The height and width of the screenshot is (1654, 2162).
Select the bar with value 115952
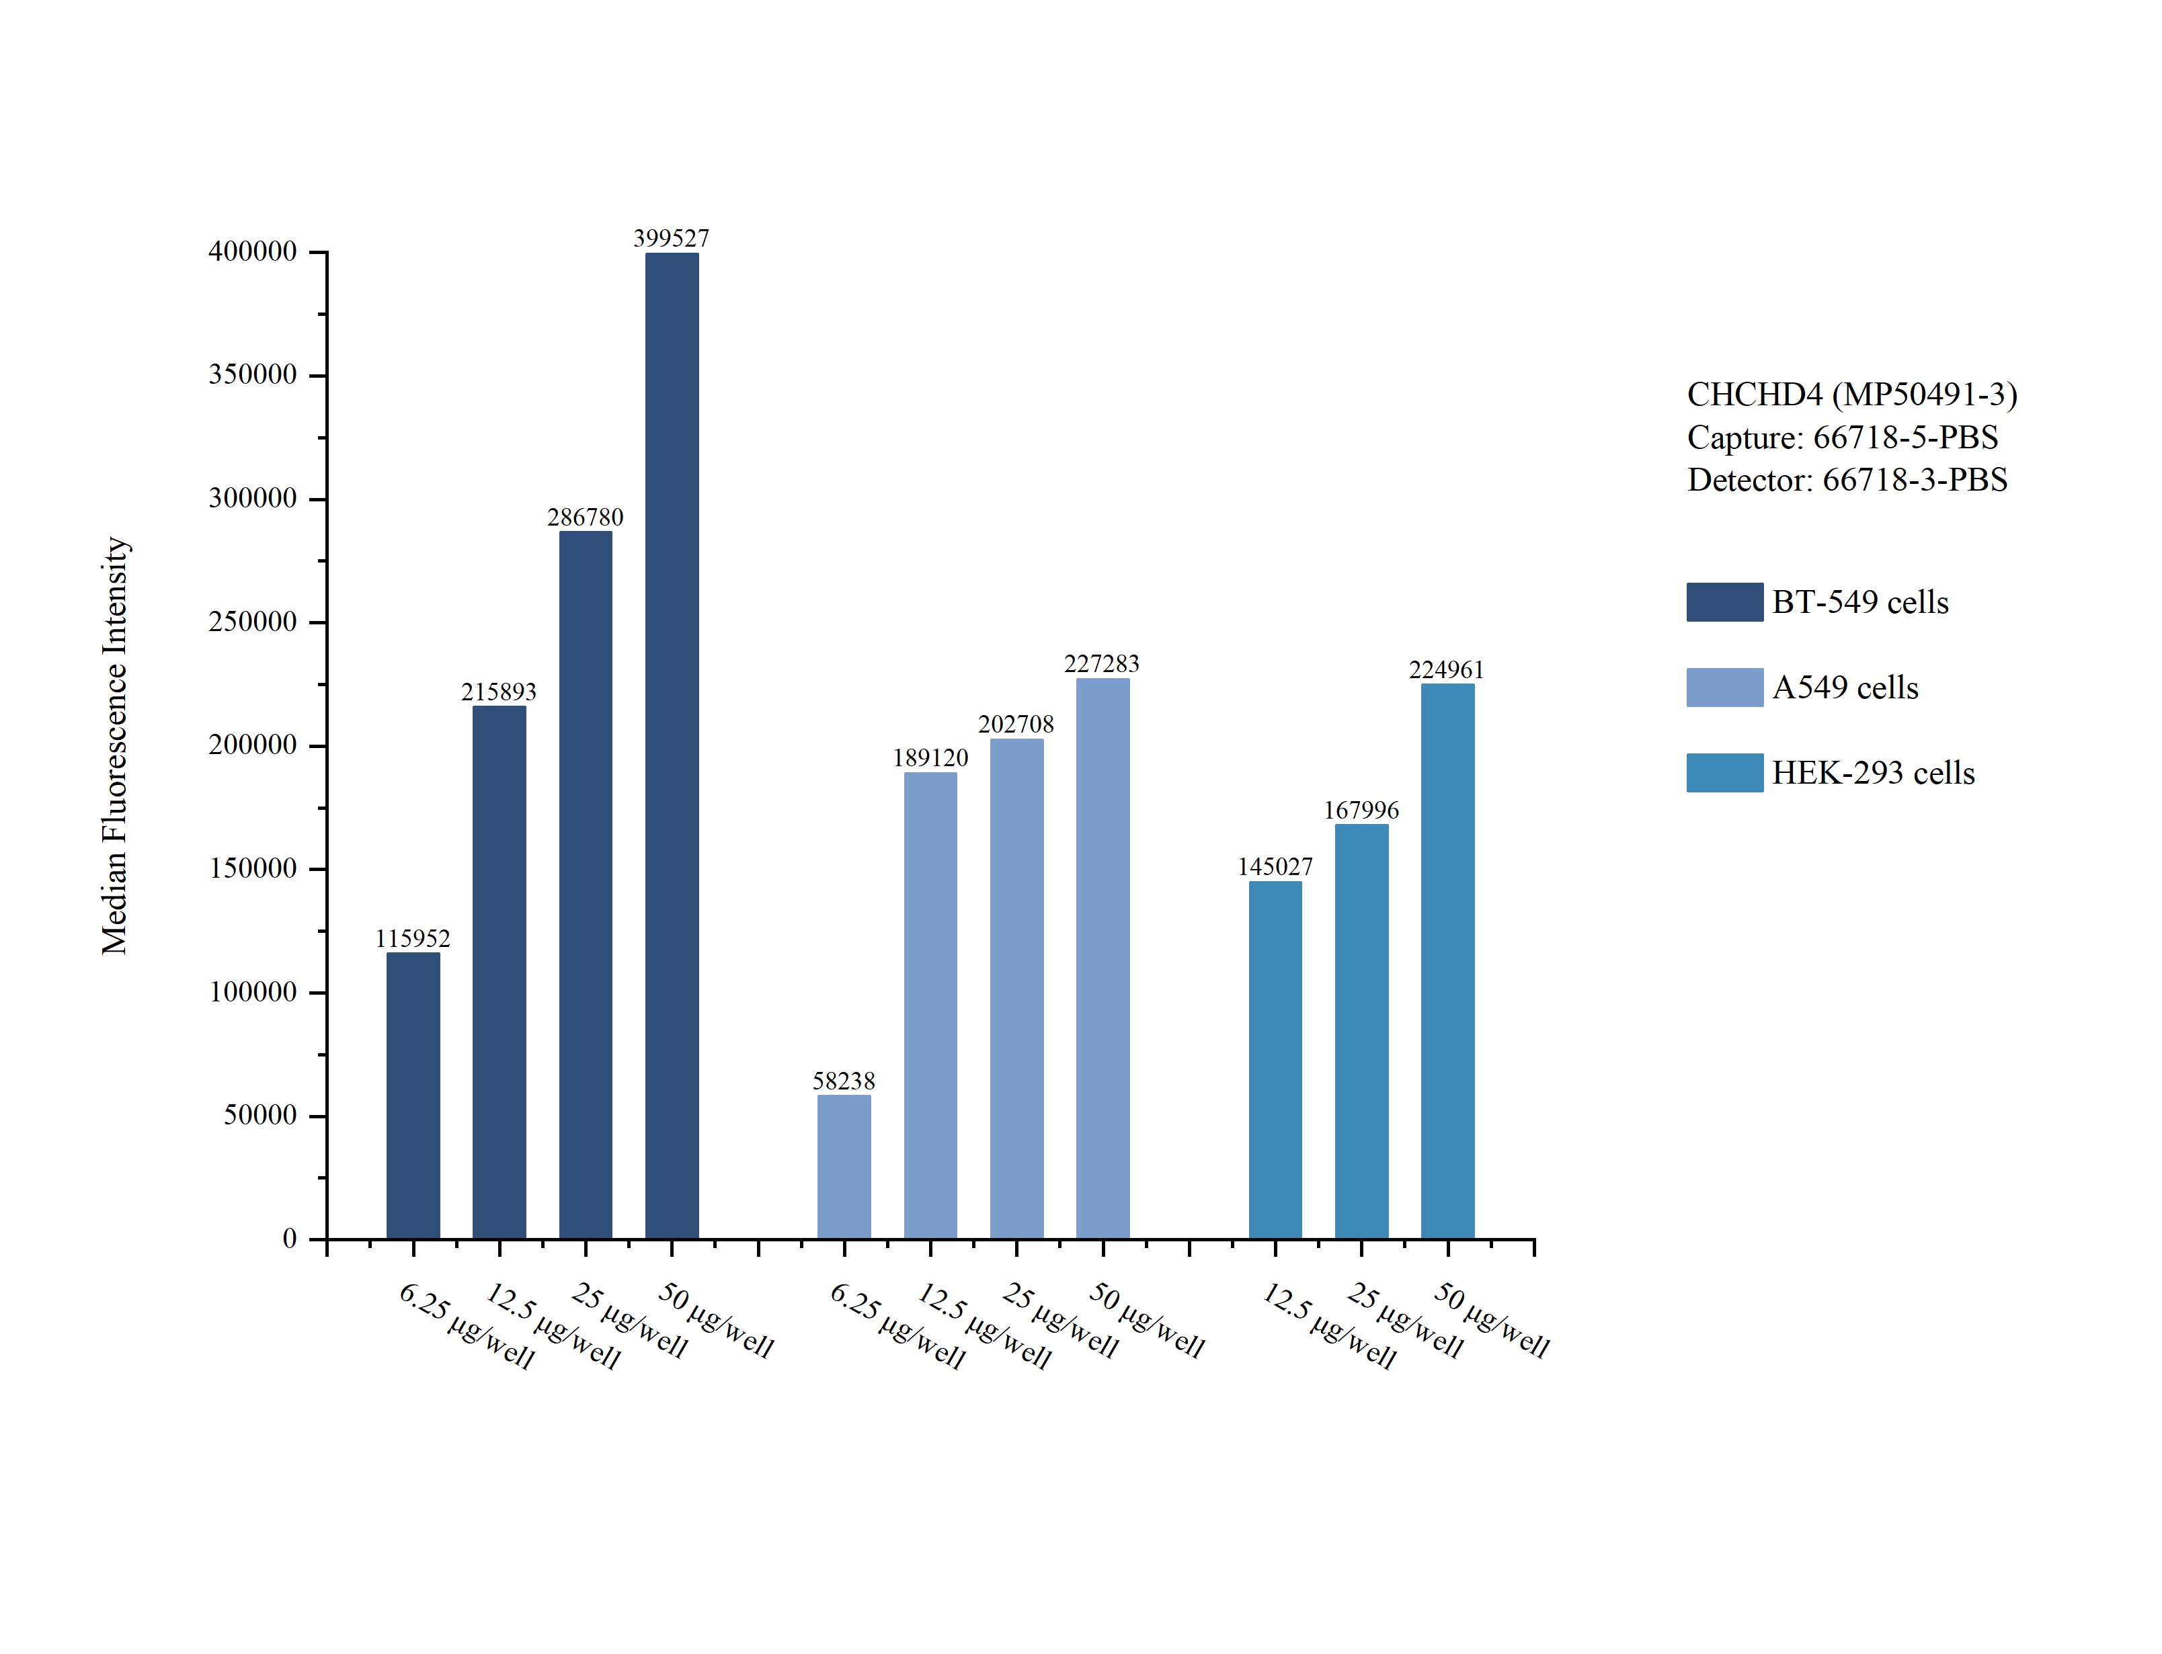[413, 1095]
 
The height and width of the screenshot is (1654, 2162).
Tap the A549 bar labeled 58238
[844, 1167]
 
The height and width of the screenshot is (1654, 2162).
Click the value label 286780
[585, 517]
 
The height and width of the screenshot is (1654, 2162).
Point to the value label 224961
[1446, 669]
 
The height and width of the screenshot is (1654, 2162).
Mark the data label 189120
[930, 757]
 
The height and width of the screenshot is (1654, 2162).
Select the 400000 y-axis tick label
[252, 251]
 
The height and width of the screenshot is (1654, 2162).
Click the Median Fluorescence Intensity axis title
[115, 745]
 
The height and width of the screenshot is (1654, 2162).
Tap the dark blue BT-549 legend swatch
[1724, 602]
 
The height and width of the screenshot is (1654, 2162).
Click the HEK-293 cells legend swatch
[1724, 773]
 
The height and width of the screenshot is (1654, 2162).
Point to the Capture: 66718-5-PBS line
[1842, 437]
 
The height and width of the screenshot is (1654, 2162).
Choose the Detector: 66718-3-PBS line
[1847, 479]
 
